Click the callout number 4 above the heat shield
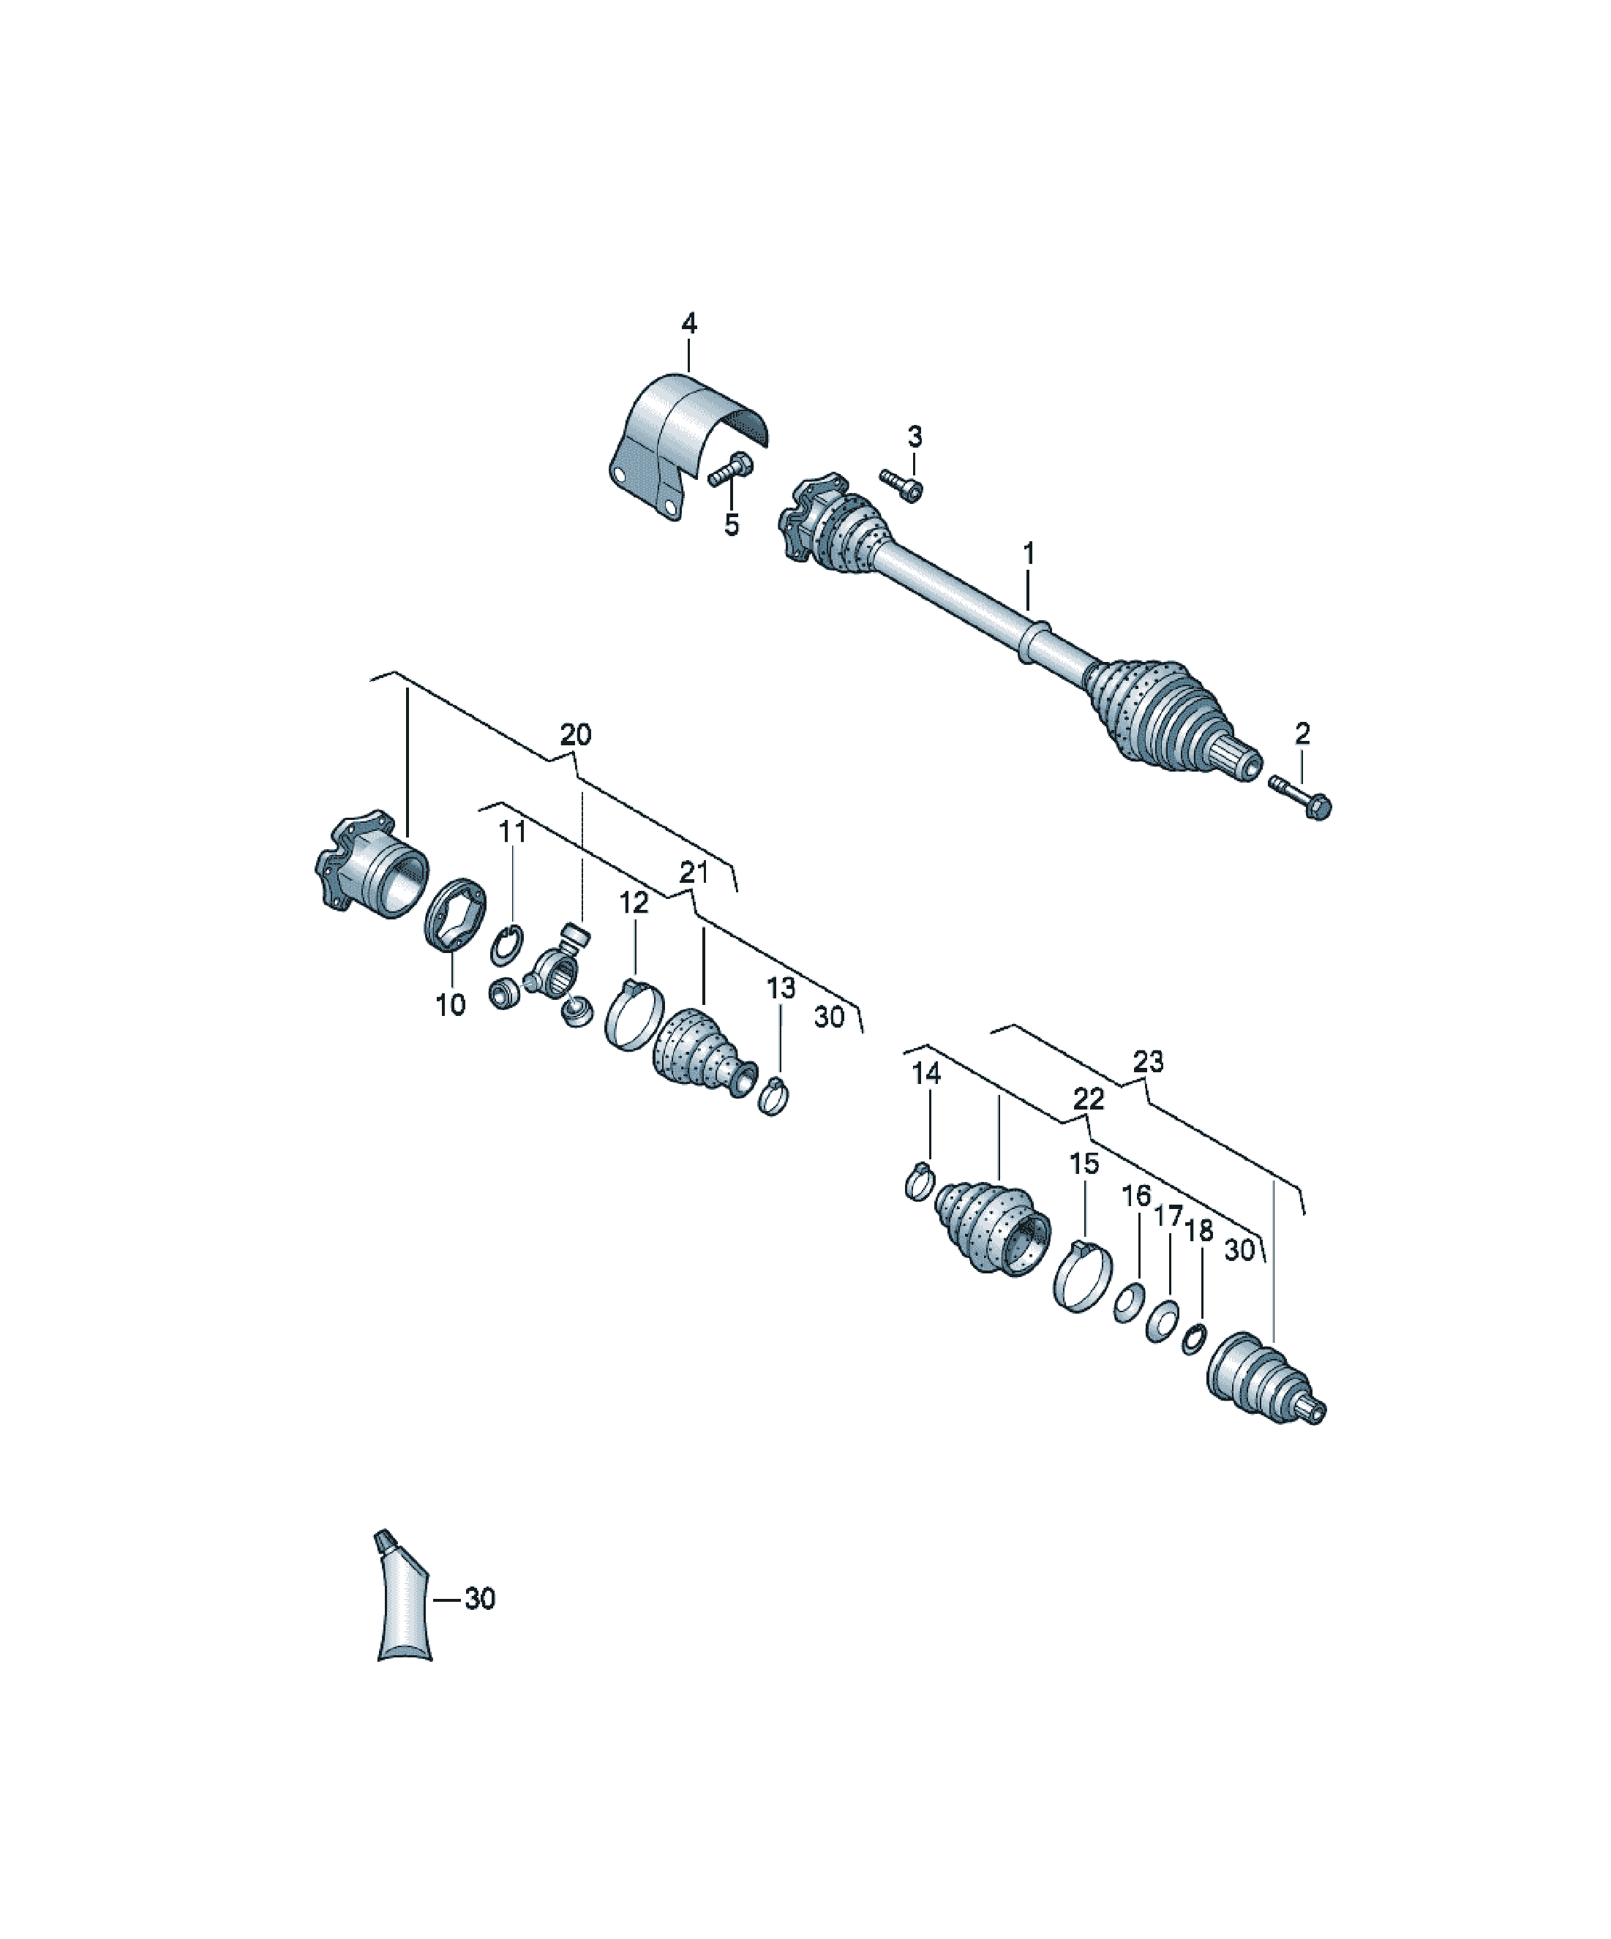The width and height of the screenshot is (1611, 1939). (689, 323)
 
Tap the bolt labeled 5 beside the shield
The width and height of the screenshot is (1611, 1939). (729, 470)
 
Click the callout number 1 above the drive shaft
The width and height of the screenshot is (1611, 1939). (1029, 554)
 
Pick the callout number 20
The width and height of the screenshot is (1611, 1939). (576, 735)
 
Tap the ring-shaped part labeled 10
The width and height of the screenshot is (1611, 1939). (454, 915)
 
